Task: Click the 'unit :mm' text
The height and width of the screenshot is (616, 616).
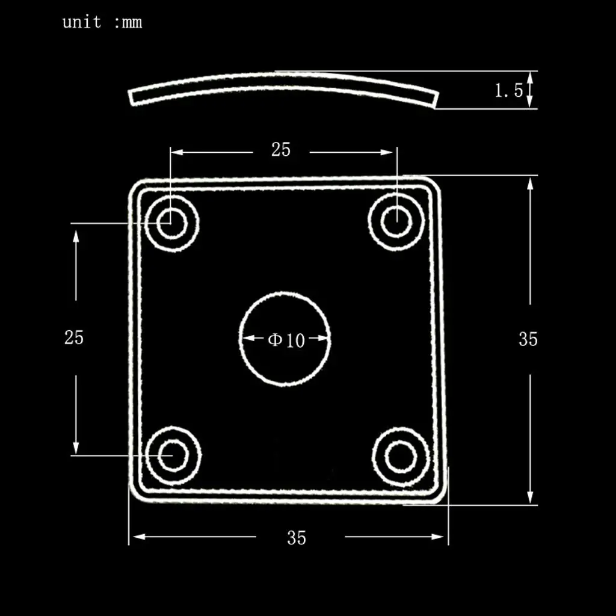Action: point(102,23)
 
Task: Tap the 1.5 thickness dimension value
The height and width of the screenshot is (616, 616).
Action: point(509,91)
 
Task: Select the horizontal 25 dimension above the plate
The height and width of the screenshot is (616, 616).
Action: point(281,150)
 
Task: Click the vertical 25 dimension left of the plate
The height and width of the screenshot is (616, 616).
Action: point(74,337)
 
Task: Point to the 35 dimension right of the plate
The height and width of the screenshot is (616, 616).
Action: point(528,339)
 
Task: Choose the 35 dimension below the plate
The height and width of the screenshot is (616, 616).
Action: point(297,538)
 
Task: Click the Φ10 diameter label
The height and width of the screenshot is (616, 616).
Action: point(286,340)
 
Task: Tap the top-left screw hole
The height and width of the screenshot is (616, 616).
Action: point(172,223)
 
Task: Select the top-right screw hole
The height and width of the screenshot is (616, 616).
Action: point(396,221)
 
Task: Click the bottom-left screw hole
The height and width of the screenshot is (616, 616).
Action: point(173,455)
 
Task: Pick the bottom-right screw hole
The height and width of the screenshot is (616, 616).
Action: point(400,457)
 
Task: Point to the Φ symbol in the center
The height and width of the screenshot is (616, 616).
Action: point(275,340)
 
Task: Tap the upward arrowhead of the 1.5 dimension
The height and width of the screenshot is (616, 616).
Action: point(530,76)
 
